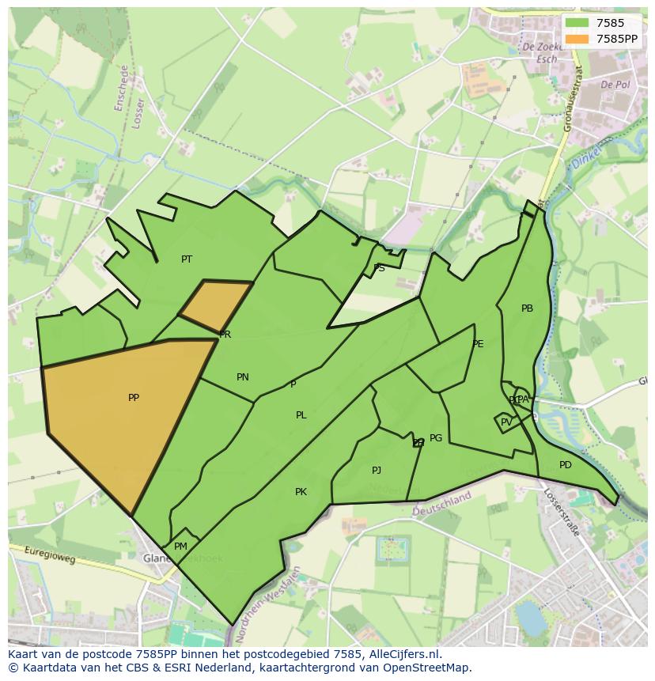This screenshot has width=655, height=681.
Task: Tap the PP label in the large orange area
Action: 134,398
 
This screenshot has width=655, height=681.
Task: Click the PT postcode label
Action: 187,259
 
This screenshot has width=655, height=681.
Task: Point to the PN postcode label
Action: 243,377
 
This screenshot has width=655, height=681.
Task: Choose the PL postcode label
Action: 301,415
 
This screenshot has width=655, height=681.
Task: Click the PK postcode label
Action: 301,492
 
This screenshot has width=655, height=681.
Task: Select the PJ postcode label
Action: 377,471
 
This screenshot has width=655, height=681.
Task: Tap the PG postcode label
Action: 436,438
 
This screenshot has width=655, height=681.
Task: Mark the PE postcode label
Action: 478,344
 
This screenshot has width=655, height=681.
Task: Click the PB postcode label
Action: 527,308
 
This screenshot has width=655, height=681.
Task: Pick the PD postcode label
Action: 565,465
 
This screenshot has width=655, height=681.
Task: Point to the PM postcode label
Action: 180,547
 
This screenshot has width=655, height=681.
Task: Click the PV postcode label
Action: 506,422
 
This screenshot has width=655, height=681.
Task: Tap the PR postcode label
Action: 225,335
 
